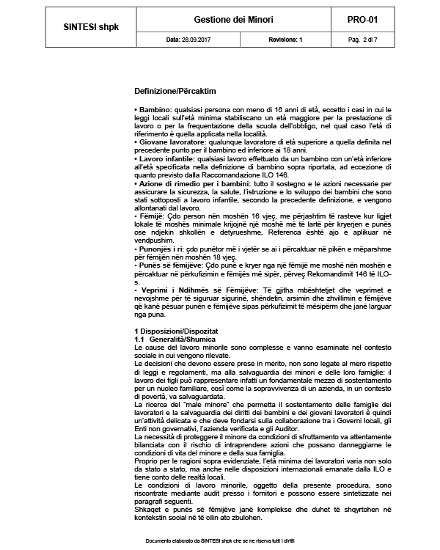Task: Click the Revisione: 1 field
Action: click(286, 40)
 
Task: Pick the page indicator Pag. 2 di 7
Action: click(381, 40)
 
